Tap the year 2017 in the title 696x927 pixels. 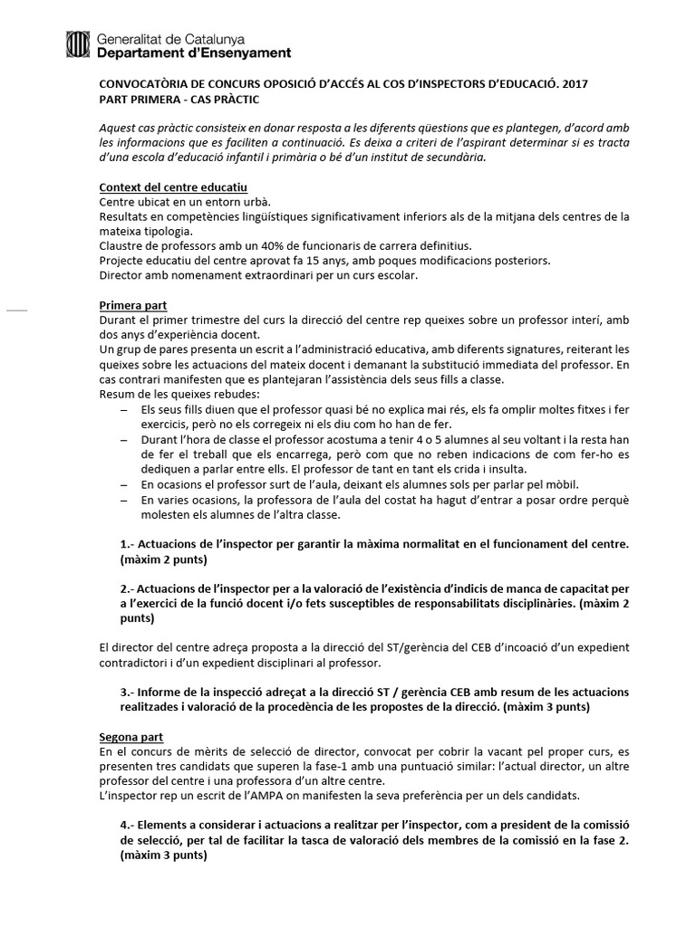[575, 83]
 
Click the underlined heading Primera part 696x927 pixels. [132, 305]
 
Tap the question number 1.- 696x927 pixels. [128, 544]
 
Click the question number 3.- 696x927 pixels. [128, 693]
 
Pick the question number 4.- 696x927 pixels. [128, 825]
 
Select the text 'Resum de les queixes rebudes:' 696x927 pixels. [179, 394]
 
